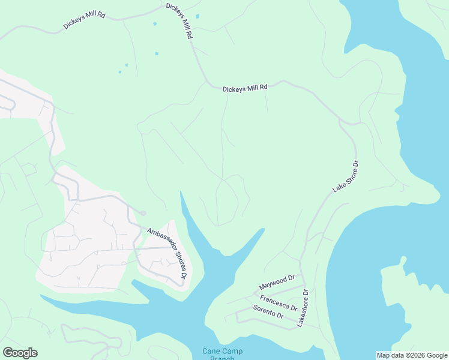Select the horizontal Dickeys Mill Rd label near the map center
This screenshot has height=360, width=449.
(244, 88)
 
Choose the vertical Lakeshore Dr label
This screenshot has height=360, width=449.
(302, 308)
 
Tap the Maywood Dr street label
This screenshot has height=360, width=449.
(277, 282)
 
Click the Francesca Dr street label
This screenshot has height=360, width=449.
(279, 302)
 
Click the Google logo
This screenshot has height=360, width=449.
(20, 353)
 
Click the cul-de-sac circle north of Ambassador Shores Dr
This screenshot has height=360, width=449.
(143, 213)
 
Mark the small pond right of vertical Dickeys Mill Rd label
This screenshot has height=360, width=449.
(197, 16)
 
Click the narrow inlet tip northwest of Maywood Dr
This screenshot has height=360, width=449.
(262, 229)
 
